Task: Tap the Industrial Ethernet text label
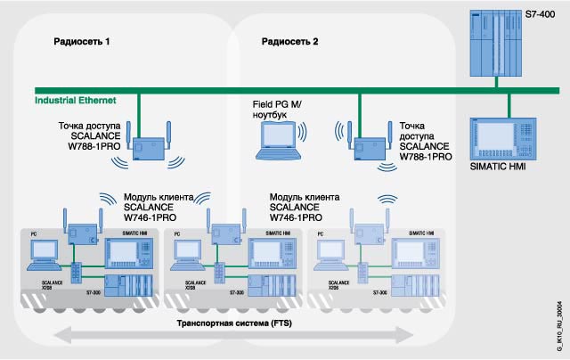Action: tap(77, 102)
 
